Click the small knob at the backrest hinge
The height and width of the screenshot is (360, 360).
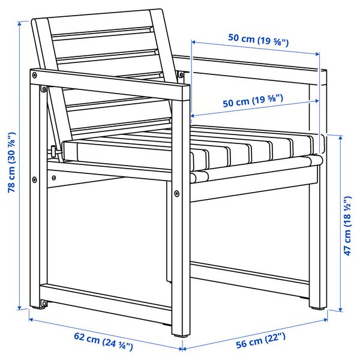coord(53,151)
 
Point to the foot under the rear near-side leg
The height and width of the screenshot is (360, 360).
coord(43,305)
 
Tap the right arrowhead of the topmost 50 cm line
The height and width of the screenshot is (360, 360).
coord(317,55)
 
